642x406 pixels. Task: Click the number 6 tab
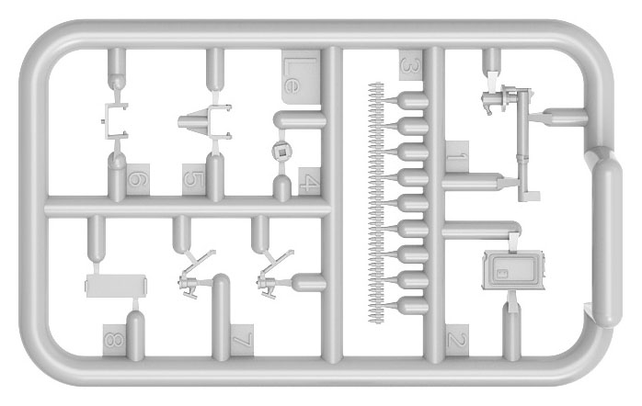(x=138, y=179)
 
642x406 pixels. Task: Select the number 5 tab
(x=194, y=179)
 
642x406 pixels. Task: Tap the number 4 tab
(x=309, y=181)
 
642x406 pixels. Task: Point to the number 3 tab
(x=410, y=65)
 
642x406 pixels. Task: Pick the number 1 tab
(x=457, y=156)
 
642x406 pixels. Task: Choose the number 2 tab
(x=457, y=339)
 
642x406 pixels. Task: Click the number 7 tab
(x=242, y=340)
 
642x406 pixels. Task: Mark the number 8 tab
(x=115, y=340)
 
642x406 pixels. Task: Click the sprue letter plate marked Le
(x=301, y=77)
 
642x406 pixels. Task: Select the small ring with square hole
(x=281, y=152)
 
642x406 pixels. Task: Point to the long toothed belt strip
(x=376, y=202)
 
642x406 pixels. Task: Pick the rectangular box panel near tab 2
(x=514, y=270)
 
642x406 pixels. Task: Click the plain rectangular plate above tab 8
(x=116, y=286)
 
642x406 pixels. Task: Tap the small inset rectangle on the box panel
(x=500, y=273)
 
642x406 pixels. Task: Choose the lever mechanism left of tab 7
(x=196, y=275)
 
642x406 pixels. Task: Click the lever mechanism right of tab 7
(x=274, y=275)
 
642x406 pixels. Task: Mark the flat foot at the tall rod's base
(x=530, y=197)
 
